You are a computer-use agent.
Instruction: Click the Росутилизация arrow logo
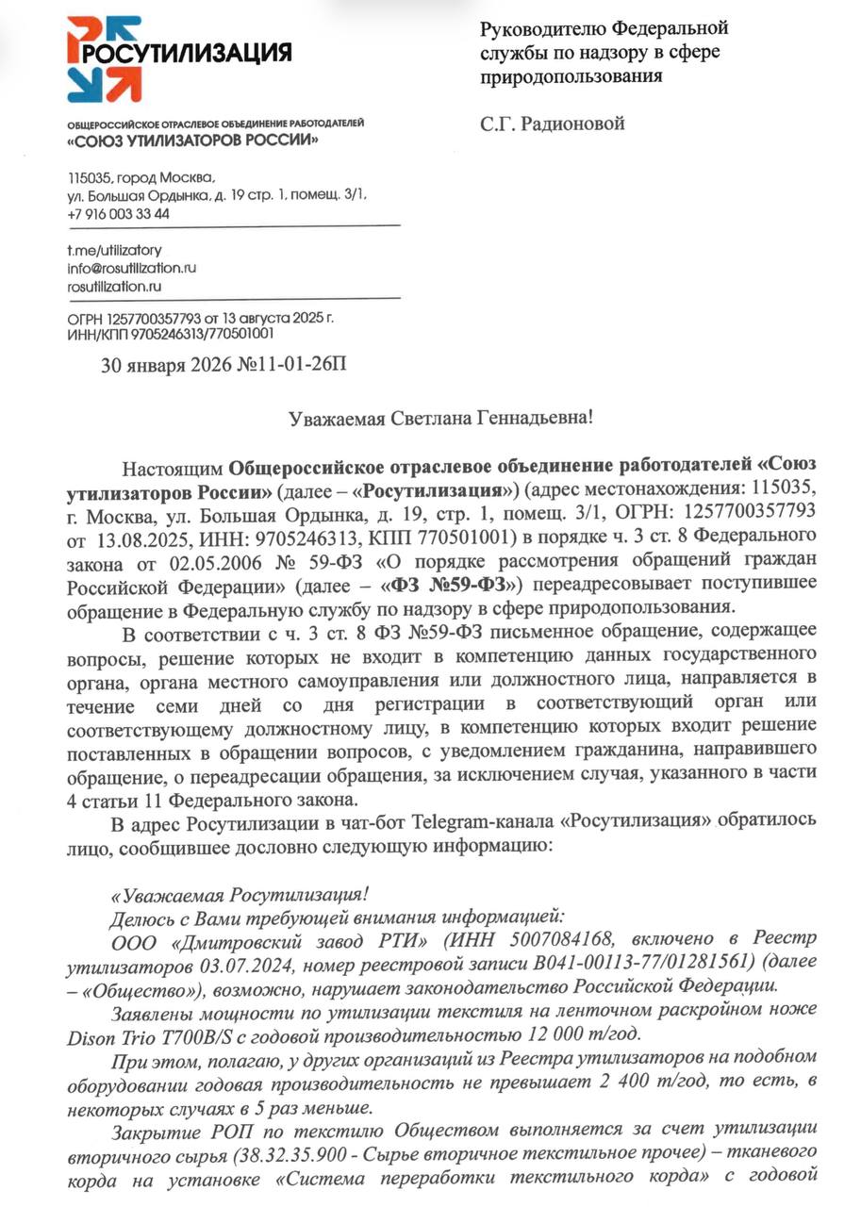pos(104,58)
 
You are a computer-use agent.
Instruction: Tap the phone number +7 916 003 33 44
pos(118,213)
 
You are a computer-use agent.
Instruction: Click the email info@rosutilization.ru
pos(131,268)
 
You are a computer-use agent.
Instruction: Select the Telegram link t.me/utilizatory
pos(114,250)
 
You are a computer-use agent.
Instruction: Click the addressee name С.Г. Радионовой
pos(553,124)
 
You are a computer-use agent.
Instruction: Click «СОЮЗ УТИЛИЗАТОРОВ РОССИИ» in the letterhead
pos(192,141)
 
